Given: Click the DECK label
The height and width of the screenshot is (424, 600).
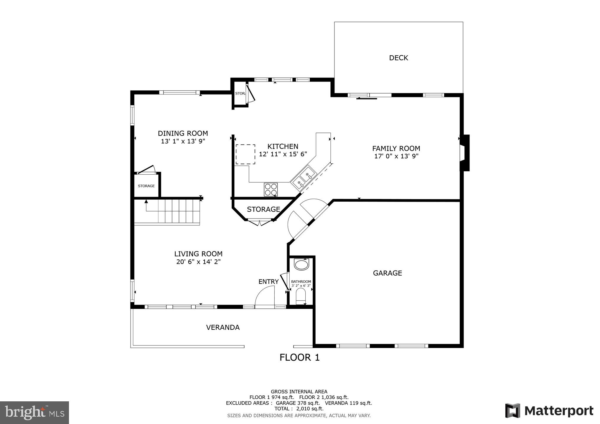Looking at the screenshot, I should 398,58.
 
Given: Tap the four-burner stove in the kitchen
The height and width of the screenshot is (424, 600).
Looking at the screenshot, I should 271,189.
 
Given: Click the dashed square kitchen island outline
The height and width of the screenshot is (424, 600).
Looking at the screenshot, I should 245,154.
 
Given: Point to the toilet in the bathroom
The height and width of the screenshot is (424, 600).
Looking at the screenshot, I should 301,295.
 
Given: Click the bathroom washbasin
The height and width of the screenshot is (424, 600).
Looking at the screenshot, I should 301,265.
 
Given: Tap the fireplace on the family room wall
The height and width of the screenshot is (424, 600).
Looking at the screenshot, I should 464,153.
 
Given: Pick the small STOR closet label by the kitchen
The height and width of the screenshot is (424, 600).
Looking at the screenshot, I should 240,93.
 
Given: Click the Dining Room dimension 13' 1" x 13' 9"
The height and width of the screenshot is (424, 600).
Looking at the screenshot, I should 183,141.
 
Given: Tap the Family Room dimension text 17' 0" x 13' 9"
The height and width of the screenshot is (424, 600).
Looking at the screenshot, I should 396,156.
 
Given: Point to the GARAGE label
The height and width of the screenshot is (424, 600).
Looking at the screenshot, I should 387,273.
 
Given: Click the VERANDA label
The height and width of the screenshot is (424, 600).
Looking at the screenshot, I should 222,327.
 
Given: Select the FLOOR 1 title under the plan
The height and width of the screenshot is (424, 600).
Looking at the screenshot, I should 299,357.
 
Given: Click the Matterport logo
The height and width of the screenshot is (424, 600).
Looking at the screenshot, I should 549,410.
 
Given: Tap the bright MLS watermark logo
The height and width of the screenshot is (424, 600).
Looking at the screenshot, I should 34,412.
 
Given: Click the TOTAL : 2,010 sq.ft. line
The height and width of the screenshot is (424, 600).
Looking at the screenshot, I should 299,409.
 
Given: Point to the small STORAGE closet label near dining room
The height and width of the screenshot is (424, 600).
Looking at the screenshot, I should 146,186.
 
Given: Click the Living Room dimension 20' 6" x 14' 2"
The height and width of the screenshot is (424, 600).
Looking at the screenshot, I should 198,262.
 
